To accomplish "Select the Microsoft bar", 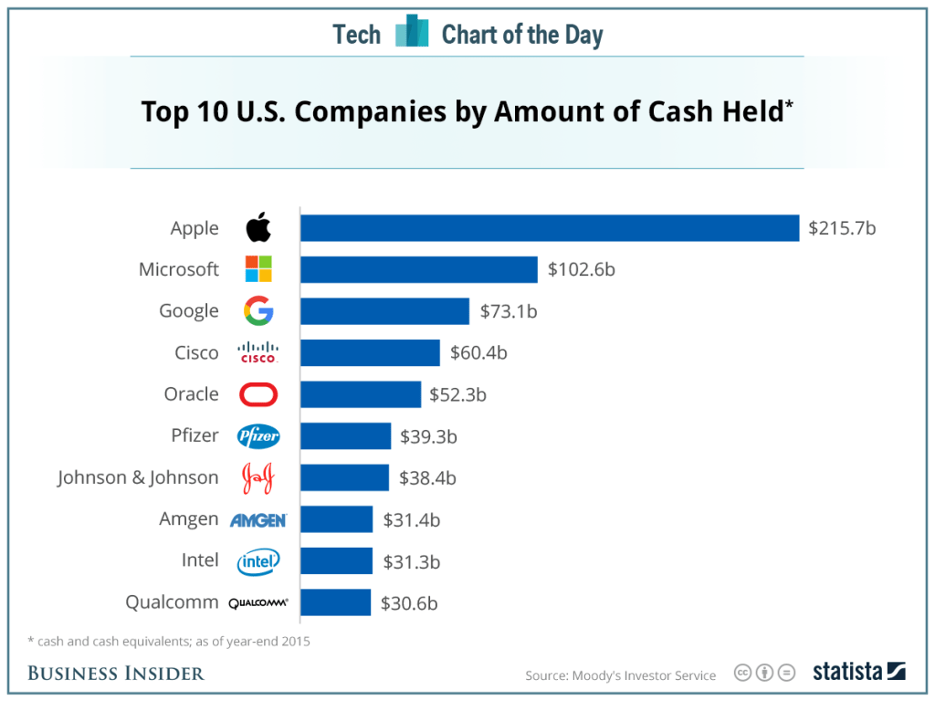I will [418, 269].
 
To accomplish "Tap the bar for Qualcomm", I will [335, 602].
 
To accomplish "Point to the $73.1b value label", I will [509, 311].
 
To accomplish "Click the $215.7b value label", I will [842, 228].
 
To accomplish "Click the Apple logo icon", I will [258, 228].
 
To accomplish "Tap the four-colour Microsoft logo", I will [258, 269].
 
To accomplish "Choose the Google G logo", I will [258, 311].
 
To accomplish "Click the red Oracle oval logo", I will [258, 394].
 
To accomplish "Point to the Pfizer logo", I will [258, 436].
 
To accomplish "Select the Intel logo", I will [258, 561].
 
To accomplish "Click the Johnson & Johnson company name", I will [138, 477].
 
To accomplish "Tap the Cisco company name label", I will [196, 352].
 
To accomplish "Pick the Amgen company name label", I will [189, 519].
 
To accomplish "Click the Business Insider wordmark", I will [116, 674].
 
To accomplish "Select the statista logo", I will [858, 672].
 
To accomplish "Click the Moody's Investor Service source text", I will [621, 675].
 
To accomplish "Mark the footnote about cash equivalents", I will [169, 642].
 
